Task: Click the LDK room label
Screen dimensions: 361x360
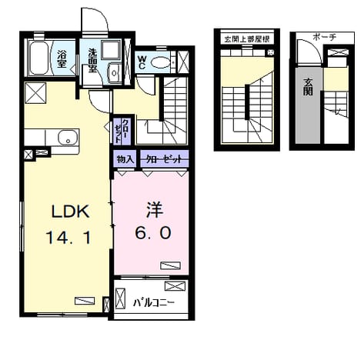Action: [x=71, y=212]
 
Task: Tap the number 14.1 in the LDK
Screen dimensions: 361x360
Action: [x=69, y=238]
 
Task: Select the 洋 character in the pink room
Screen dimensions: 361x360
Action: [x=155, y=210]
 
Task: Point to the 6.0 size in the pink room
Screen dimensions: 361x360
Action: [x=153, y=233]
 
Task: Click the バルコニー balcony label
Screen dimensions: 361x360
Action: [x=154, y=303]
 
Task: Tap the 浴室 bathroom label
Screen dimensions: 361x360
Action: [x=62, y=59]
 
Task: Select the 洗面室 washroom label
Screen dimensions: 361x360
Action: [x=92, y=61]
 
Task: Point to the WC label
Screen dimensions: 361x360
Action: [x=142, y=62]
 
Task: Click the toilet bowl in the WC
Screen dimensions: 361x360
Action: [x=160, y=62]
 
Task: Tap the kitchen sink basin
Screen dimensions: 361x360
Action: [x=68, y=138]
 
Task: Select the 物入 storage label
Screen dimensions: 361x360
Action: [x=125, y=159]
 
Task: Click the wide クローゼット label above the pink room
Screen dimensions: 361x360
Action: [x=164, y=159]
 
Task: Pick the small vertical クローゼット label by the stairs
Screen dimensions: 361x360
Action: [x=121, y=131]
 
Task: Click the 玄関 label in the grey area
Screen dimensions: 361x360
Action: [x=308, y=87]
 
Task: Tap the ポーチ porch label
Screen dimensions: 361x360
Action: [x=324, y=38]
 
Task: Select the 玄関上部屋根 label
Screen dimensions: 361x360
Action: [x=247, y=39]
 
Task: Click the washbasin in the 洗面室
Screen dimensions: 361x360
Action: [x=113, y=73]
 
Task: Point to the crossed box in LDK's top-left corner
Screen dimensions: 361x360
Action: [x=35, y=92]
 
